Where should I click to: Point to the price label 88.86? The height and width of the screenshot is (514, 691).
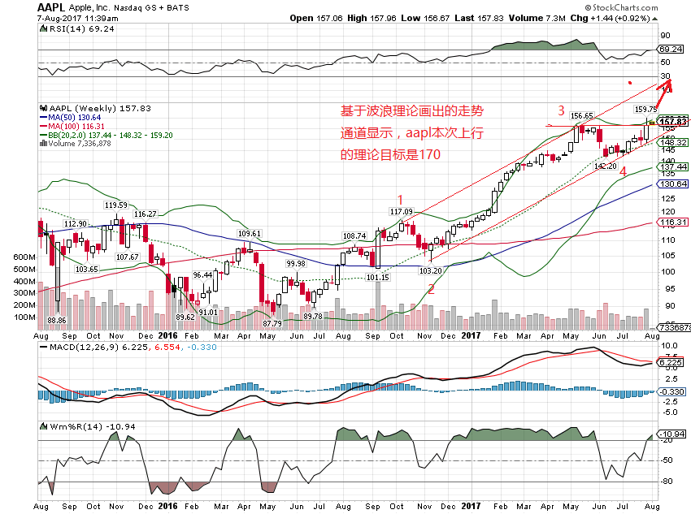tap(56, 321)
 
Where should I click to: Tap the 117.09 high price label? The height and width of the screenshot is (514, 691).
tap(401, 212)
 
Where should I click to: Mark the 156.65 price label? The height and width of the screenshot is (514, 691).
tap(581, 116)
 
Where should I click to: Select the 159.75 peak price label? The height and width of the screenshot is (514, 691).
tap(645, 109)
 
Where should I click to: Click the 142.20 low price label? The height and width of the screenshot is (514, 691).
tap(606, 166)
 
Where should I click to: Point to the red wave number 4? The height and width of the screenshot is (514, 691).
tap(623, 172)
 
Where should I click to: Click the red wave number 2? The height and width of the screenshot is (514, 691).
tap(431, 287)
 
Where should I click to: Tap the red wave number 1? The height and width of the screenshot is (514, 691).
tap(399, 199)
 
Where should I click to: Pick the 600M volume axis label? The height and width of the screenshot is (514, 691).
tap(26, 257)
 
